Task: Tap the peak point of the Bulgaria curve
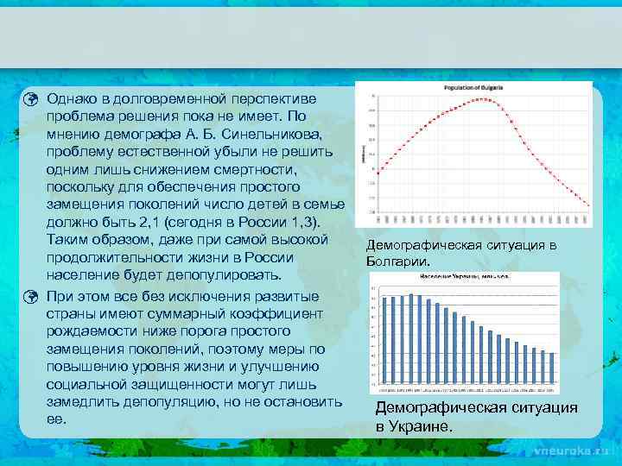pos(486,98)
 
